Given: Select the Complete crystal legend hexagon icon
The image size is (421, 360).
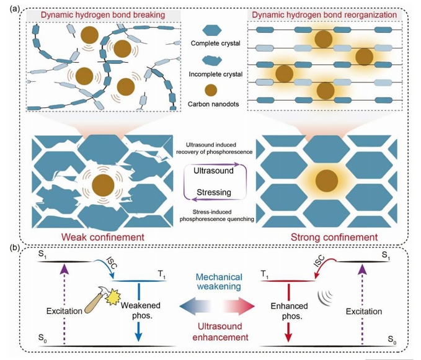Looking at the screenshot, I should click(x=211, y=30).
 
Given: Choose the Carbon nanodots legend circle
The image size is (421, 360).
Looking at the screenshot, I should click(x=211, y=91).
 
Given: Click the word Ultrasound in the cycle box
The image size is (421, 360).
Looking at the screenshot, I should click(x=213, y=168).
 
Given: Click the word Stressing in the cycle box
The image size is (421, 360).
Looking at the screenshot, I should click(x=213, y=192).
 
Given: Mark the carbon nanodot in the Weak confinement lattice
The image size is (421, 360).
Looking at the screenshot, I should click(x=103, y=184).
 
